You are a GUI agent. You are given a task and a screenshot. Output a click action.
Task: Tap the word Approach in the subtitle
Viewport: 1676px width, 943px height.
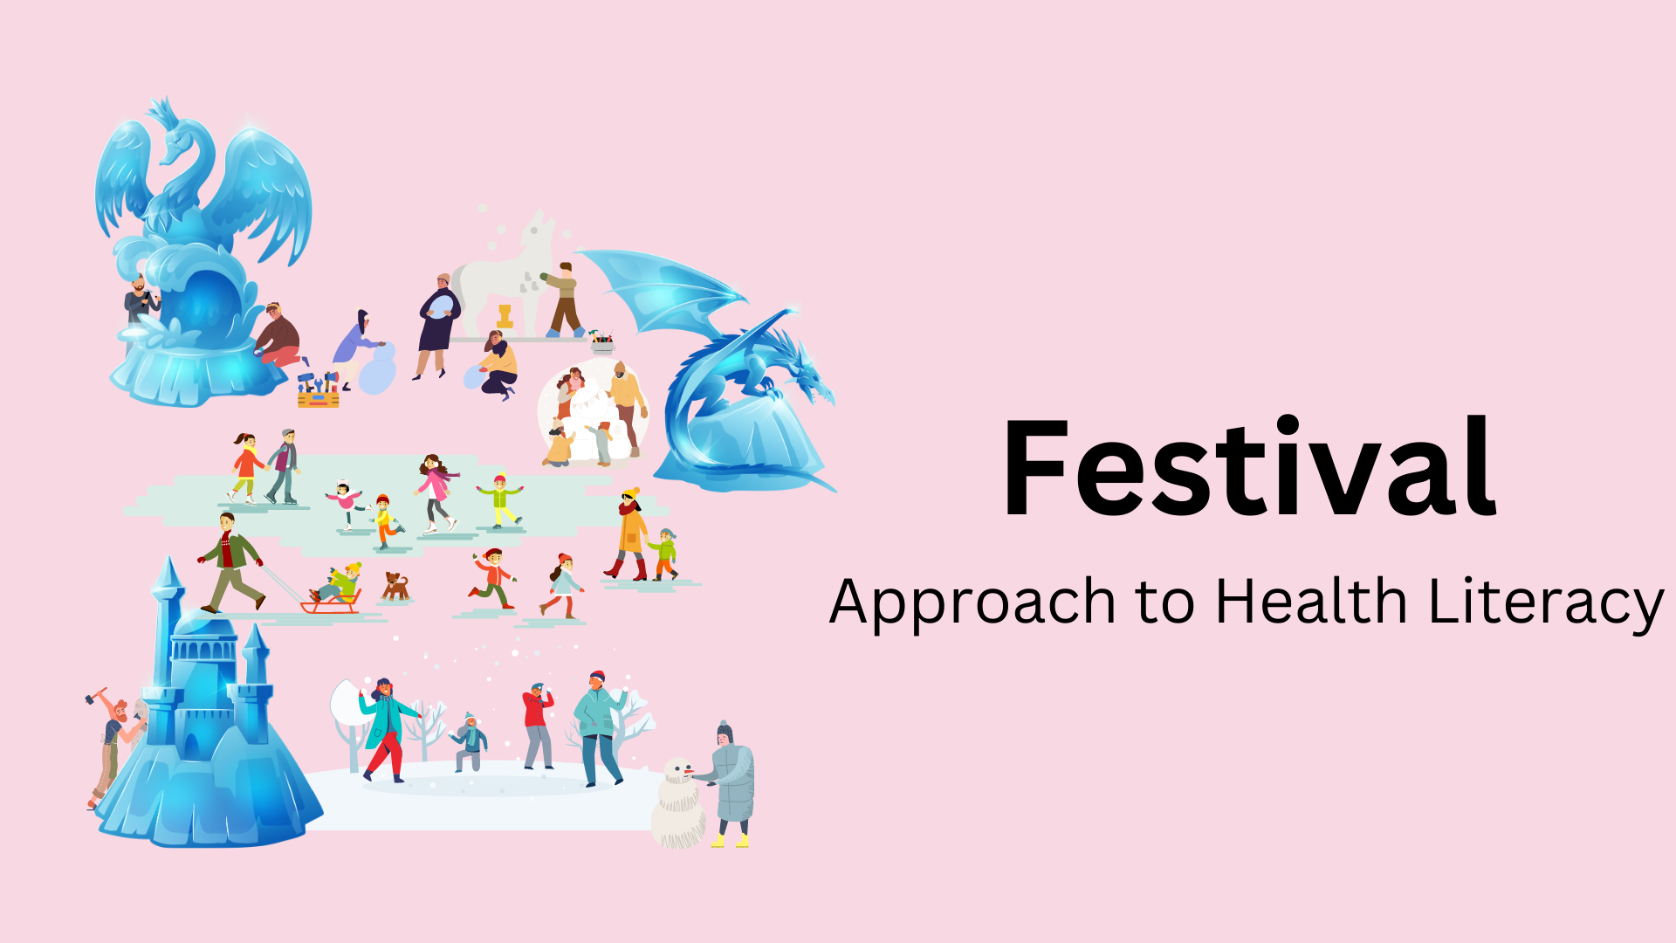click(x=972, y=602)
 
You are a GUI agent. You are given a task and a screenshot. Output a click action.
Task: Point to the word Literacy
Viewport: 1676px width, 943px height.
click(x=1546, y=602)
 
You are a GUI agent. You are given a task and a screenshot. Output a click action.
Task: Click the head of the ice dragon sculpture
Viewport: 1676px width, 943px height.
click(x=807, y=375)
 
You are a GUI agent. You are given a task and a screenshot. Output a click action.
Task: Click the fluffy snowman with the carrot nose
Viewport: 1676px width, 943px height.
click(x=679, y=803)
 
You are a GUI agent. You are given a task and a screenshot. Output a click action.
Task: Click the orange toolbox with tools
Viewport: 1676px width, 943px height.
click(x=318, y=393)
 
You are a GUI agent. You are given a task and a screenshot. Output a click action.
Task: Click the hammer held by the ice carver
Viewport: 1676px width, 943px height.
click(x=93, y=697)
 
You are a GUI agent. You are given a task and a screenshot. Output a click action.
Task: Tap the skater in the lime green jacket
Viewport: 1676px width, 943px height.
click(x=500, y=499)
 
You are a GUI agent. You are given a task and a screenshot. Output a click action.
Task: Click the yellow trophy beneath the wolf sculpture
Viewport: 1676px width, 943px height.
click(x=505, y=316)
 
